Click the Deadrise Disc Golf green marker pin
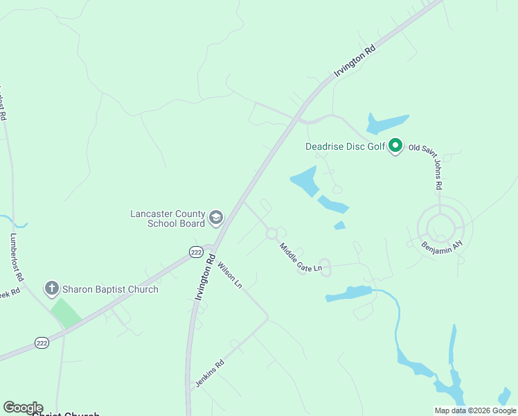click(395, 146)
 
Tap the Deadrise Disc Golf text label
click(345, 146)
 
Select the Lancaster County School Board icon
click(216, 218)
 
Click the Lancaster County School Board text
click(168, 218)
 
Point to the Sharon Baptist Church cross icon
click(51, 288)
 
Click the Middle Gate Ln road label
click(301, 257)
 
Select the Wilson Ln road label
click(230, 275)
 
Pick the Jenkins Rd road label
click(209, 373)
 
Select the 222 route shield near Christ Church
click(42, 343)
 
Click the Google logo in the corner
click(23, 407)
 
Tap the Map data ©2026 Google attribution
click(475, 410)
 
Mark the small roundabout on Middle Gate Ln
click(271, 234)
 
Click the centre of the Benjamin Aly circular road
click(439, 226)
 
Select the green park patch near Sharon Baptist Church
click(66, 313)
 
